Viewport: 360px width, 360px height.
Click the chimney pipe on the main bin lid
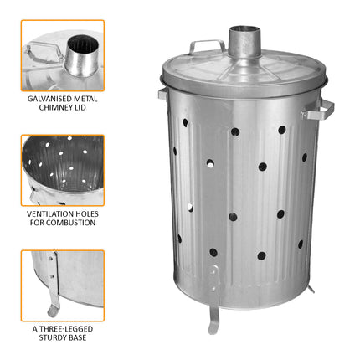click(x=241, y=42)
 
